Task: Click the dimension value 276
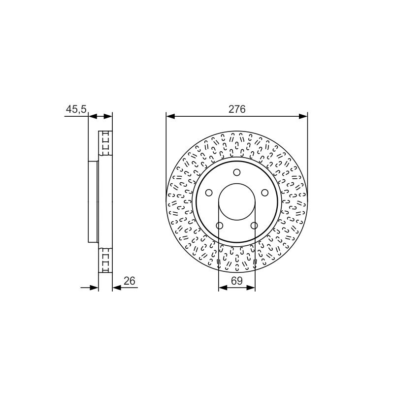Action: [237, 109]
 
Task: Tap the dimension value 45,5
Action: [76, 109]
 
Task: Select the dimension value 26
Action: [130, 281]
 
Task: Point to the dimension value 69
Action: [237, 281]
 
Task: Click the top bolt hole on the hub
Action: [237, 172]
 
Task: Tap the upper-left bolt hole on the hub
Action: [209, 193]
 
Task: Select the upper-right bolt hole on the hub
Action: [264, 193]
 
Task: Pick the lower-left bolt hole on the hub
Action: [219, 226]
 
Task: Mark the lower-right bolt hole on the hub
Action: [254, 226]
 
